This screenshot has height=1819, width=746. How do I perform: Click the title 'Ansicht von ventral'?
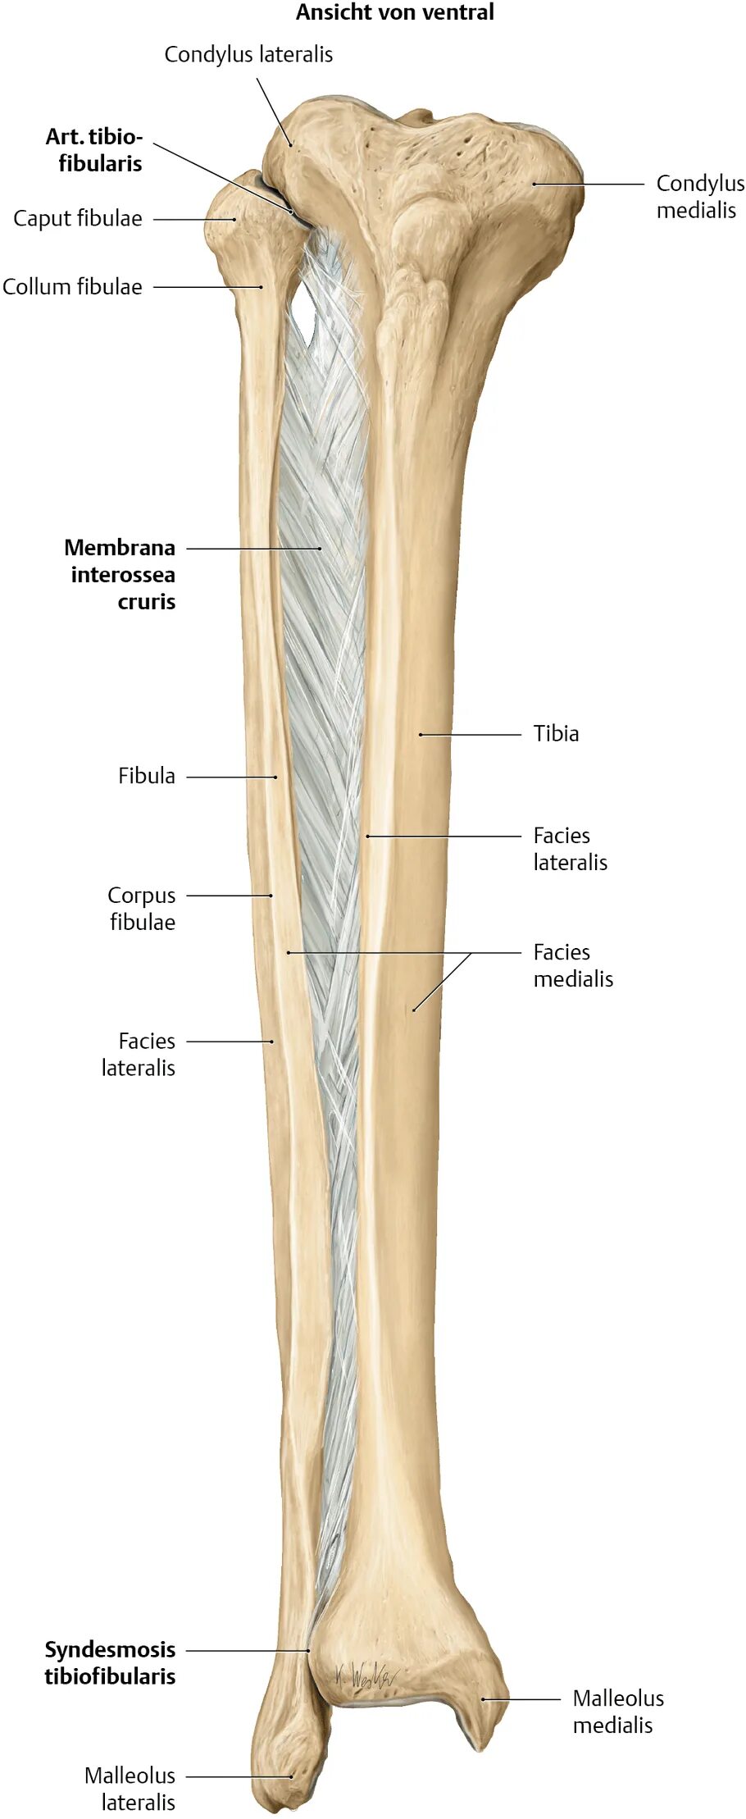(394, 12)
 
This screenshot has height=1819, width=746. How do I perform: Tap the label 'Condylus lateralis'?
(248, 55)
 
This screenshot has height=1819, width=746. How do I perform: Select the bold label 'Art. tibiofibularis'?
(94, 149)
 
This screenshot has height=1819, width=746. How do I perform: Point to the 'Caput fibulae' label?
(78, 219)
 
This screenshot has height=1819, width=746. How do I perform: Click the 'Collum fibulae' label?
(72, 287)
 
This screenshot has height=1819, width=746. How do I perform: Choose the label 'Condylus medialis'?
(699, 197)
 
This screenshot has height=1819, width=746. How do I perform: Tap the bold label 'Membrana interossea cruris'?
(121, 574)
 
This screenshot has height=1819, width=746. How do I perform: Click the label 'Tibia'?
(556, 734)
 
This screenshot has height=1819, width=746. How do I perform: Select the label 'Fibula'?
(146, 776)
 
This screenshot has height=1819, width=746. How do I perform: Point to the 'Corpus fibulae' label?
(142, 909)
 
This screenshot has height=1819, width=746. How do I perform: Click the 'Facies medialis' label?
(572, 965)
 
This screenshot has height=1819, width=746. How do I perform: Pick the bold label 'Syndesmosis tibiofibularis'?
(110, 1662)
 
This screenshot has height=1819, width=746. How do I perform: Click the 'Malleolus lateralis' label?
(130, 1789)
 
